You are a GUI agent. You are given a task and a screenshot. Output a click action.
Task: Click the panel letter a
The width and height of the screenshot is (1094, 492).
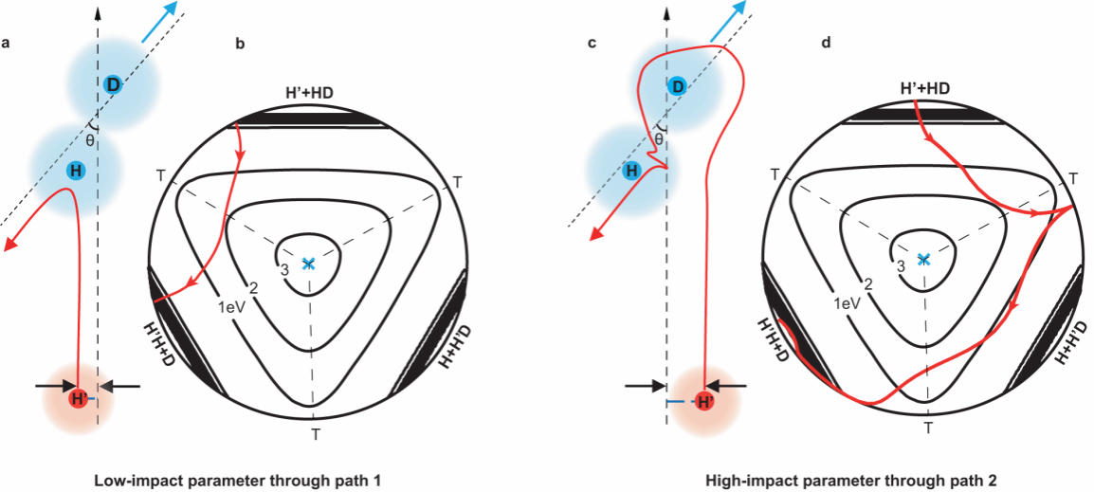(x=7, y=42)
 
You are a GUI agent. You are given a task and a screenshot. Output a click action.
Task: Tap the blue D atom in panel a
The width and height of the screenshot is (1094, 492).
(x=113, y=84)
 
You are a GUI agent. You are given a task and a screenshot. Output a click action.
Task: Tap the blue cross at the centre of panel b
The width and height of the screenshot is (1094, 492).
(x=308, y=264)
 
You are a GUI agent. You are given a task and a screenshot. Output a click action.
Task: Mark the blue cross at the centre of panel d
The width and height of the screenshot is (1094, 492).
(x=924, y=259)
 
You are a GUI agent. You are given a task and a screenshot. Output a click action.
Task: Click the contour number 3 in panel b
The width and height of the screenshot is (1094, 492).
(x=283, y=270)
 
